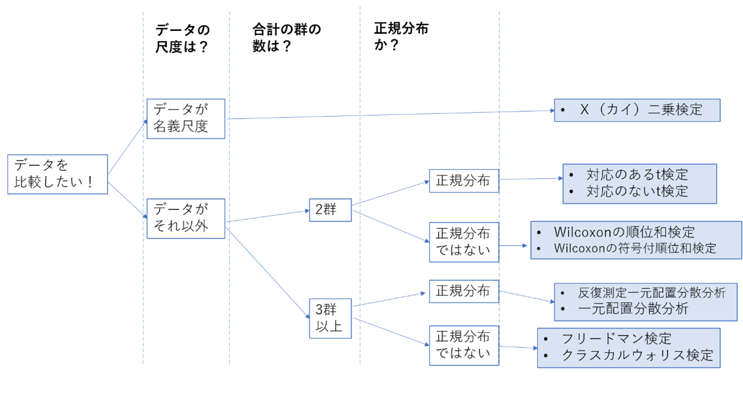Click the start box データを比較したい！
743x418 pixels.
(57, 174)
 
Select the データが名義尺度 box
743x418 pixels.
(185, 118)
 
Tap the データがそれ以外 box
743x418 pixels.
(185, 218)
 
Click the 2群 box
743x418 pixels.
(330, 210)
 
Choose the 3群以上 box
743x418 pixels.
(330, 318)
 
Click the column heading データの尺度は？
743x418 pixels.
(182, 38)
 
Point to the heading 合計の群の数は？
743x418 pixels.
(287, 38)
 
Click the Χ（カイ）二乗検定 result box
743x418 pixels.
(637, 110)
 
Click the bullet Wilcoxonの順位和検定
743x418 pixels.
(624, 232)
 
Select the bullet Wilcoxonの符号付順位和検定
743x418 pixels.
(635, 249)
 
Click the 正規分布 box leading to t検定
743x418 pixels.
(463, 181)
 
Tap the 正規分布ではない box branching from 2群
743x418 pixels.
(463, 242)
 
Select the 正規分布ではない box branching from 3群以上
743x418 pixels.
(463, 345)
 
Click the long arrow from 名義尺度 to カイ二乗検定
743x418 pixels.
(389, 115)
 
